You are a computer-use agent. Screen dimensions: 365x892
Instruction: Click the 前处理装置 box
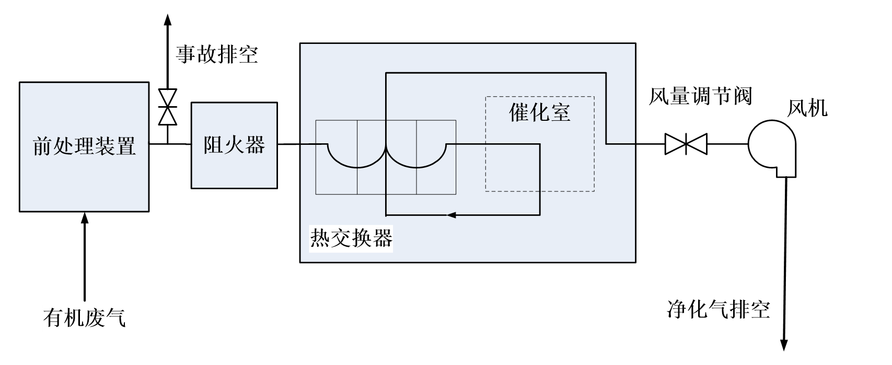[x=84, y=146]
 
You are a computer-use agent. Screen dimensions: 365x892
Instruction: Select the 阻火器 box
[x=234, y=145]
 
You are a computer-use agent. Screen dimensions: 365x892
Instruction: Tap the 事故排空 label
[x=216, y=55]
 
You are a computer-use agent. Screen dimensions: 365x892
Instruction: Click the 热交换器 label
[x=351, y=238]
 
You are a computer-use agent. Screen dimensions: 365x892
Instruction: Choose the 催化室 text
[x=540, y=112]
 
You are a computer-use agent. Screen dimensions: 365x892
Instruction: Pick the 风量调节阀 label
[x=700, y=97]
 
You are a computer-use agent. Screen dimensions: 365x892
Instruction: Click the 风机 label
[x=807, y=109]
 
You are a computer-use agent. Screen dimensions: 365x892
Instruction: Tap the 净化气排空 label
[x=719, y=310]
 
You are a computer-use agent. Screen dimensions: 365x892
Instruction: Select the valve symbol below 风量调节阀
[x=686, y=144]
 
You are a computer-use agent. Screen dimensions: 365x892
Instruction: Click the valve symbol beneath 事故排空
[x=168, y=107]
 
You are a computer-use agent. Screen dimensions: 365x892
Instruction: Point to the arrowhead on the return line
[x=451, y=215]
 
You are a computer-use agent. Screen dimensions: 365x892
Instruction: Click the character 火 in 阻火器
[x=234, y=145]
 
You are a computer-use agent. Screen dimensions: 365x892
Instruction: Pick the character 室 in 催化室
[x=560, y=112]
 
